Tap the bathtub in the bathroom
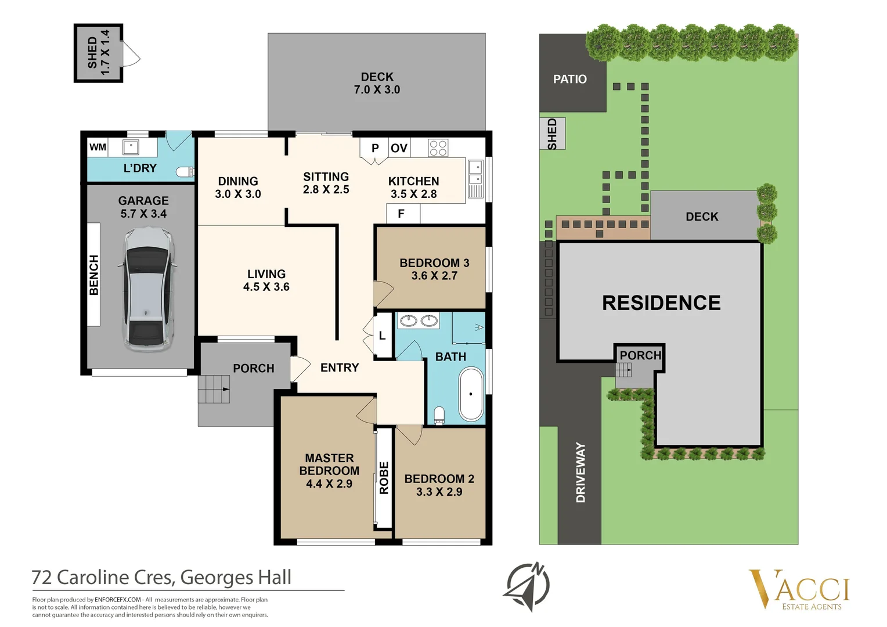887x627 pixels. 471,394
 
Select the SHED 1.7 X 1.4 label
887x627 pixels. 98,53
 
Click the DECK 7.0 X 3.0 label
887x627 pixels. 377,83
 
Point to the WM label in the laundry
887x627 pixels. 98,147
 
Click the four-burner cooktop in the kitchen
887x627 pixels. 438,148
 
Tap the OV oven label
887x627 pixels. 399,148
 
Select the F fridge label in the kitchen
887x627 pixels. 401,214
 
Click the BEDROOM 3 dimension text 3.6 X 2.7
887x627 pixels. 434,276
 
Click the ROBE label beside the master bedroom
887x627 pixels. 384,478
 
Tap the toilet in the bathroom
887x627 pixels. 439,415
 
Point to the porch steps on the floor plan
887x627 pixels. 214,389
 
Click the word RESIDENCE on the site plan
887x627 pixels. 661,302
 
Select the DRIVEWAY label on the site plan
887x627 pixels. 580,472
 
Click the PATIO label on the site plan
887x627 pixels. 569,79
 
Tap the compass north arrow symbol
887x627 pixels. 527,586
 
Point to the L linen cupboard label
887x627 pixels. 382,336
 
